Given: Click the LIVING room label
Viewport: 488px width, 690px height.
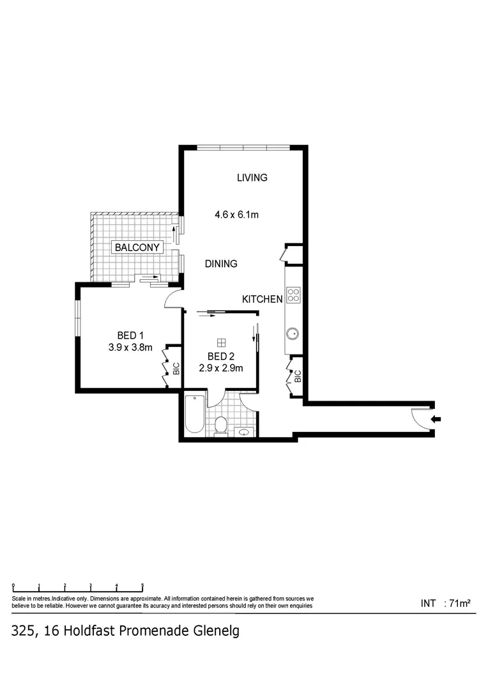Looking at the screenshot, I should [252, 178].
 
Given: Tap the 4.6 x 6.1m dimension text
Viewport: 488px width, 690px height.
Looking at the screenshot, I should [236, 215].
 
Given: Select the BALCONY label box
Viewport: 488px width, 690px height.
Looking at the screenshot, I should [137, 247].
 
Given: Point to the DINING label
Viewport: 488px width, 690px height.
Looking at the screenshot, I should [221, 263].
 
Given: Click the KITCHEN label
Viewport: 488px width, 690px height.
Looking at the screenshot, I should [262, 299].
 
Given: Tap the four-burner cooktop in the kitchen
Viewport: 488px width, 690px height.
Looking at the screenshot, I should [293, 295].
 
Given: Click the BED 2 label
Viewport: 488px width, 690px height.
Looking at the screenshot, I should [221, 356].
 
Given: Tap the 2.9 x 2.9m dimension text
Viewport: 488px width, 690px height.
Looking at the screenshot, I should [221, 368].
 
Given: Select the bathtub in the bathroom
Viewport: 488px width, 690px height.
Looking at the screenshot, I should [194, 415].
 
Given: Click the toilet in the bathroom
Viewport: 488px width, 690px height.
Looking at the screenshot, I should [220, 425].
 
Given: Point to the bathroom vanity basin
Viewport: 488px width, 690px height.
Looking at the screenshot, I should [243, 432].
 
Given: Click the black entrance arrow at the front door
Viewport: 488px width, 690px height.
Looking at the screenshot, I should [436, 419].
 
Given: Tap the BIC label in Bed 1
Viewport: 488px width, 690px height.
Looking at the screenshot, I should [176, 369].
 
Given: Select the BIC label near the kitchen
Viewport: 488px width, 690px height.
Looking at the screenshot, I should [298, 375].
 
